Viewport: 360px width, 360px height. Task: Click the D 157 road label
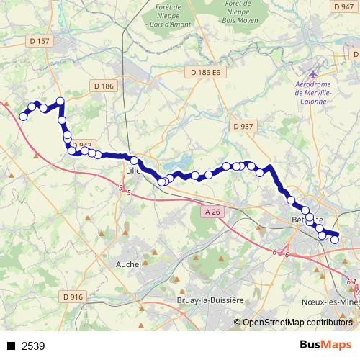[x=41, y=42]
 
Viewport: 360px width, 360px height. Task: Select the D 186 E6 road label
[x=204, y=73]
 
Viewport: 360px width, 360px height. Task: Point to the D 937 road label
[x=243, y=126]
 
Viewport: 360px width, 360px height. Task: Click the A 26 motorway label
[x=210, y=212]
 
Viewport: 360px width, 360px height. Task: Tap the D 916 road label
[x=73, y=296]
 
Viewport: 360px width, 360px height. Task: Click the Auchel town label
[x=128, y=264]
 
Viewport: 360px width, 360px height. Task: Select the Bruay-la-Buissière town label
[x=210, y=300]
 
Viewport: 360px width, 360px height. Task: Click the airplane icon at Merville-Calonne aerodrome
[x=312, y=73]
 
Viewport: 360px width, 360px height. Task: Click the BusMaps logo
[x=326, y=345]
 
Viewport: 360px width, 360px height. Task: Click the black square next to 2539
[x=11, y=346]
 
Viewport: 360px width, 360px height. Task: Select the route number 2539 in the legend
[x=33, y=346]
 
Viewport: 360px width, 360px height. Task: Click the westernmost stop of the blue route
[x=23, y=116]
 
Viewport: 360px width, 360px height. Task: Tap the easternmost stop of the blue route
[x=334, y=239]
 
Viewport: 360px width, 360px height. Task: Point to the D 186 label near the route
[x=104, y=86]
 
